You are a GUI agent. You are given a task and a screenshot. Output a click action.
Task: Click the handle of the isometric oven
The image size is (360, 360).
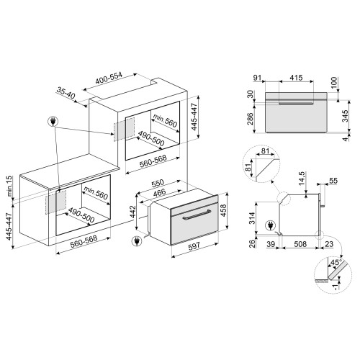coord(195,215)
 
